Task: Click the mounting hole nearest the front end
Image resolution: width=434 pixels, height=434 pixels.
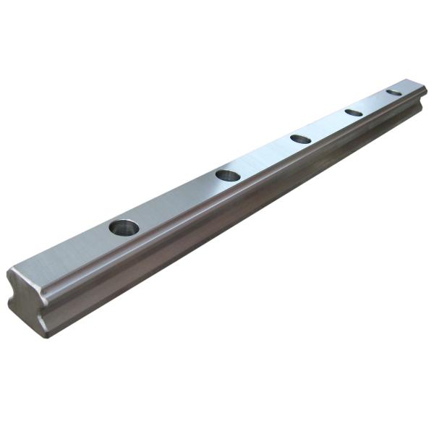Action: (124, 227)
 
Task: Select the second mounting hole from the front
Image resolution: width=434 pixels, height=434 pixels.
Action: (228, 175)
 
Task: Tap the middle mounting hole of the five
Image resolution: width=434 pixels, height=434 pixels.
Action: (300, 139)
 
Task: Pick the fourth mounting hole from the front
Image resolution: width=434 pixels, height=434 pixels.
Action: (354, 112)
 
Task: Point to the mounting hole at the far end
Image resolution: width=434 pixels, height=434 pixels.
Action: (393, 93)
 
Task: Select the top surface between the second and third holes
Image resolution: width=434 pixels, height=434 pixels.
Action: (265, 157)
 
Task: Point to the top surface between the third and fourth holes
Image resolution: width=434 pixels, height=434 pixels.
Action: (328, 125)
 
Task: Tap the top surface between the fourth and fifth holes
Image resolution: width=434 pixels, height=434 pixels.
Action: (374, 102)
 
